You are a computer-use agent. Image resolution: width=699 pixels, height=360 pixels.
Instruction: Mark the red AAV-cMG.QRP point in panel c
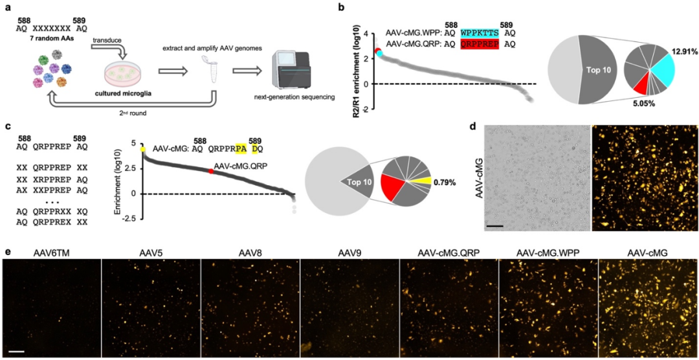coord(211,171)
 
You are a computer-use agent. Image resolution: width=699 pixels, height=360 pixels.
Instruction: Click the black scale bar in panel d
coord(495,226)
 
